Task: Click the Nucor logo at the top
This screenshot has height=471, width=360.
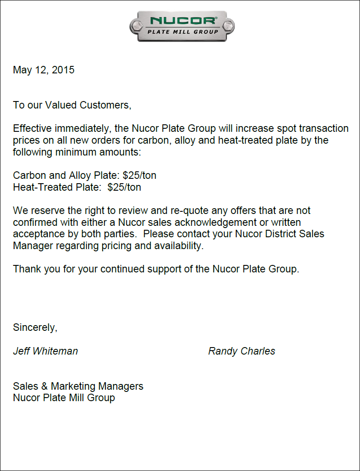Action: coord(182,26)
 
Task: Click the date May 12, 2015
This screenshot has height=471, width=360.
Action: coord(43,70)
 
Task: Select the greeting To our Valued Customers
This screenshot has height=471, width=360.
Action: coord(72,105)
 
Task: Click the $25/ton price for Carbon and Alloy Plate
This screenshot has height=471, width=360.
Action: coord(140,176)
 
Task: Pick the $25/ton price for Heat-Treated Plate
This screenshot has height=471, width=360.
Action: coord(124,187)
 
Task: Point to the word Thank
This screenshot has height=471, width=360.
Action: coord(25,269)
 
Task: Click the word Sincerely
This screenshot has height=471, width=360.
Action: coord(35,328)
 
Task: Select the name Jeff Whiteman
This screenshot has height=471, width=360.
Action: coord(45,351)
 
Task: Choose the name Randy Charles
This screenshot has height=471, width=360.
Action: coord(241,351)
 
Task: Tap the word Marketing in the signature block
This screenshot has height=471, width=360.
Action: coord(73,386)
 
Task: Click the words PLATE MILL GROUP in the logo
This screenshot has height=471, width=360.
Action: coord(183,32)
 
